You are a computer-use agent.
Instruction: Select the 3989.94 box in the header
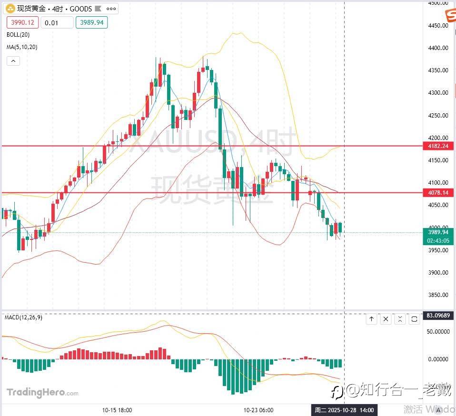click(91, 22)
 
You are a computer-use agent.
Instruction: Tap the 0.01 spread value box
click(57, 22)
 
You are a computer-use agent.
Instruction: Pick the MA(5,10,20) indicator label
click(22, 47)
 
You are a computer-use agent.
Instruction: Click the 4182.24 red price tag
click(437, 146)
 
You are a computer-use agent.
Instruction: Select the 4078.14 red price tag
click(437, 193)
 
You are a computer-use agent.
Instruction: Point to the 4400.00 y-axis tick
click(438, 48)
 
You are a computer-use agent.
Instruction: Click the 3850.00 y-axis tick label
click(438, 295)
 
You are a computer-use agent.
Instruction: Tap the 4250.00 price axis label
click(438, 116)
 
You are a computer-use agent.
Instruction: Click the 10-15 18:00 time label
click(117, 410)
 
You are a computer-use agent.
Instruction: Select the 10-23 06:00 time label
click(258, 410)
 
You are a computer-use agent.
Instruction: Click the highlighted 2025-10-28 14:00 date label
click(344, 410)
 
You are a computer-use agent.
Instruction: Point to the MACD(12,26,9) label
click(23, 317)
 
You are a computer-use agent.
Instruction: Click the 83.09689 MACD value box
click(438, 315)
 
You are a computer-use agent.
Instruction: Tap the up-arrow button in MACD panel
click(371, 319)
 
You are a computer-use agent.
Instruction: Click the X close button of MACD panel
click(386, 319)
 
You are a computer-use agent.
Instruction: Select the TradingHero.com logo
click(42, 393)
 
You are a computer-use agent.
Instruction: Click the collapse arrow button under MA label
click(13, 60)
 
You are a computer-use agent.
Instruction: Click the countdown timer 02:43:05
click(438, 241)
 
